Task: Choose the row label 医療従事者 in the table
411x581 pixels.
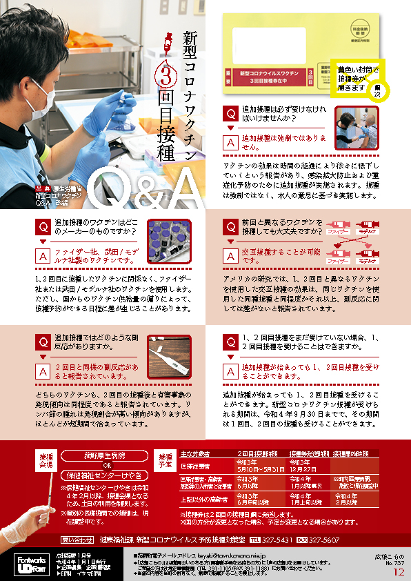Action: tap(195, 466)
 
